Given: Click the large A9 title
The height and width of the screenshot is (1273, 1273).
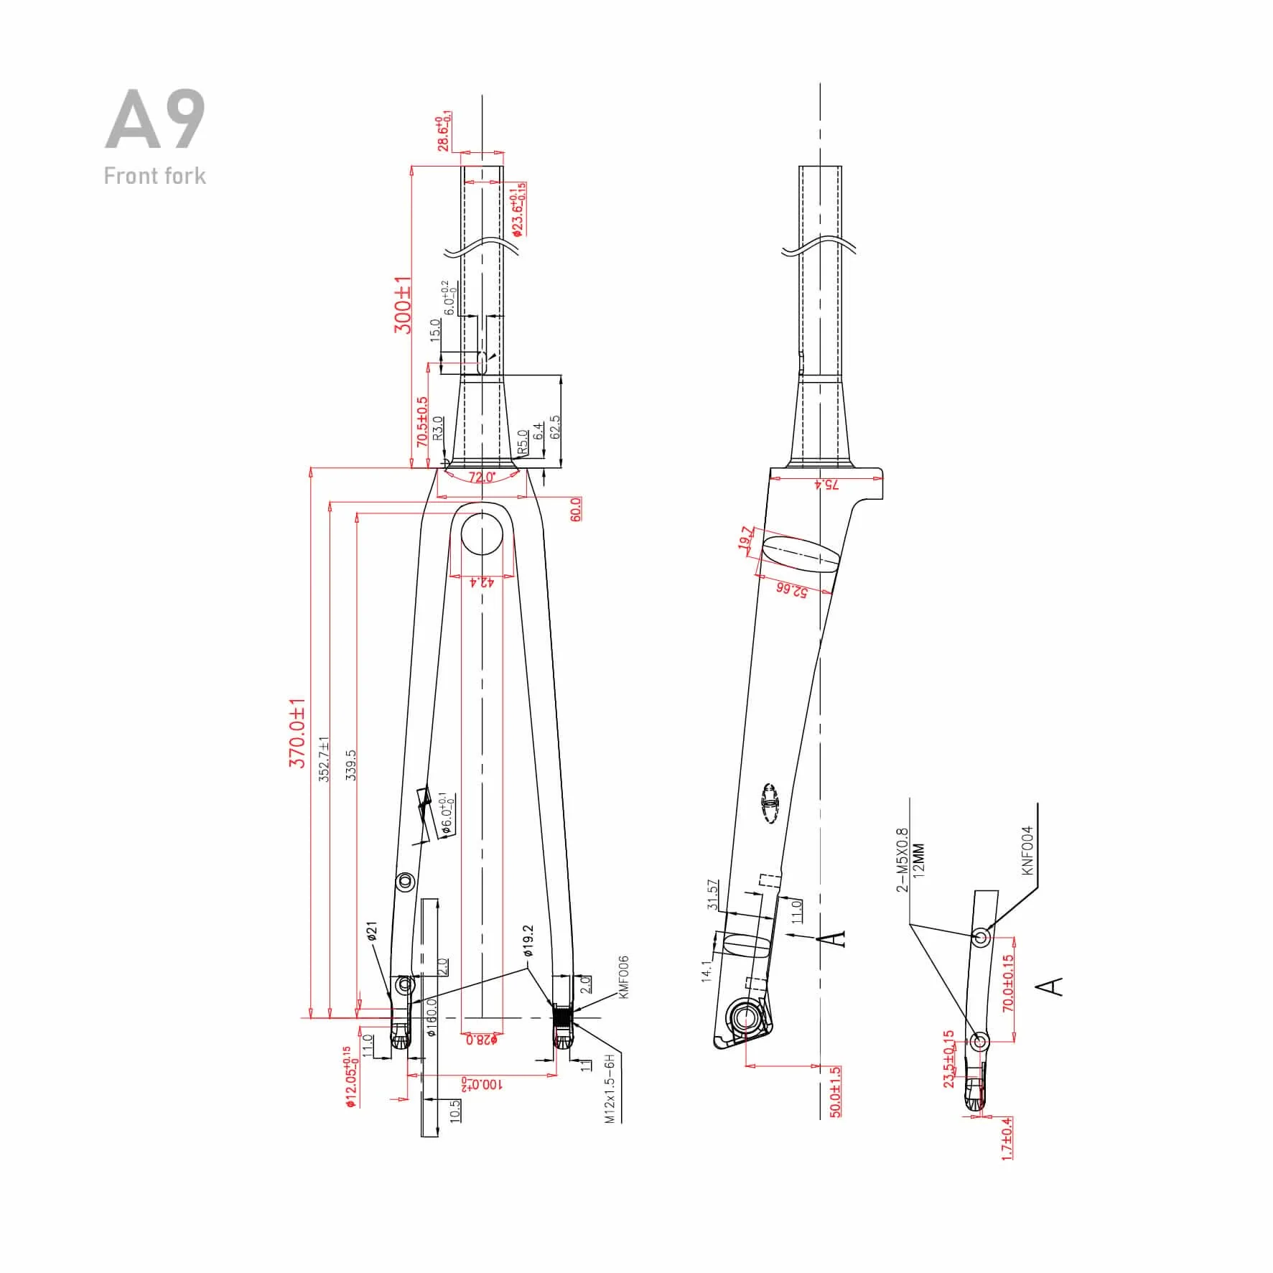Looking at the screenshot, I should point(155,121).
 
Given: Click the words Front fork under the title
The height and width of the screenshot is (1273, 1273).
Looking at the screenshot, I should point(154,176).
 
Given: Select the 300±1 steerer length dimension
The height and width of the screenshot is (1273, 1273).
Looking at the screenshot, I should point(403,304).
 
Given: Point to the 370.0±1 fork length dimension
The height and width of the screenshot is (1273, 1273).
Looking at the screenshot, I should point(297,732).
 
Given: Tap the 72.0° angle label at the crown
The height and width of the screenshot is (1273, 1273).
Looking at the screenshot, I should point(482,477).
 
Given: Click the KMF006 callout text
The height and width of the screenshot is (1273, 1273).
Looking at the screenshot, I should point(622,977).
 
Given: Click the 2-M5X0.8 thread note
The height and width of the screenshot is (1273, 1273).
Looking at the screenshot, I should point(903,859).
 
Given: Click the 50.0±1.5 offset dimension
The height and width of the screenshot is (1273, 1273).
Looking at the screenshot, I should point(834,1091).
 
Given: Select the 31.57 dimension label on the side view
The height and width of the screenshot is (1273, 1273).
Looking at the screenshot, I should point(712,894).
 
